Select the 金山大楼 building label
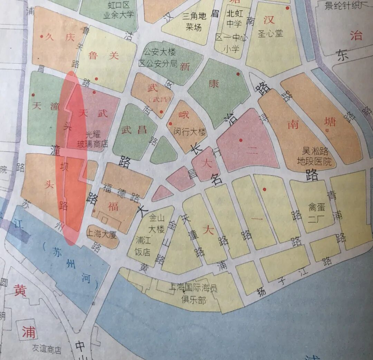156,224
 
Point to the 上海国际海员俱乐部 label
193,294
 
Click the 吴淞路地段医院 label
316,156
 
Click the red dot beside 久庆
42,36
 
